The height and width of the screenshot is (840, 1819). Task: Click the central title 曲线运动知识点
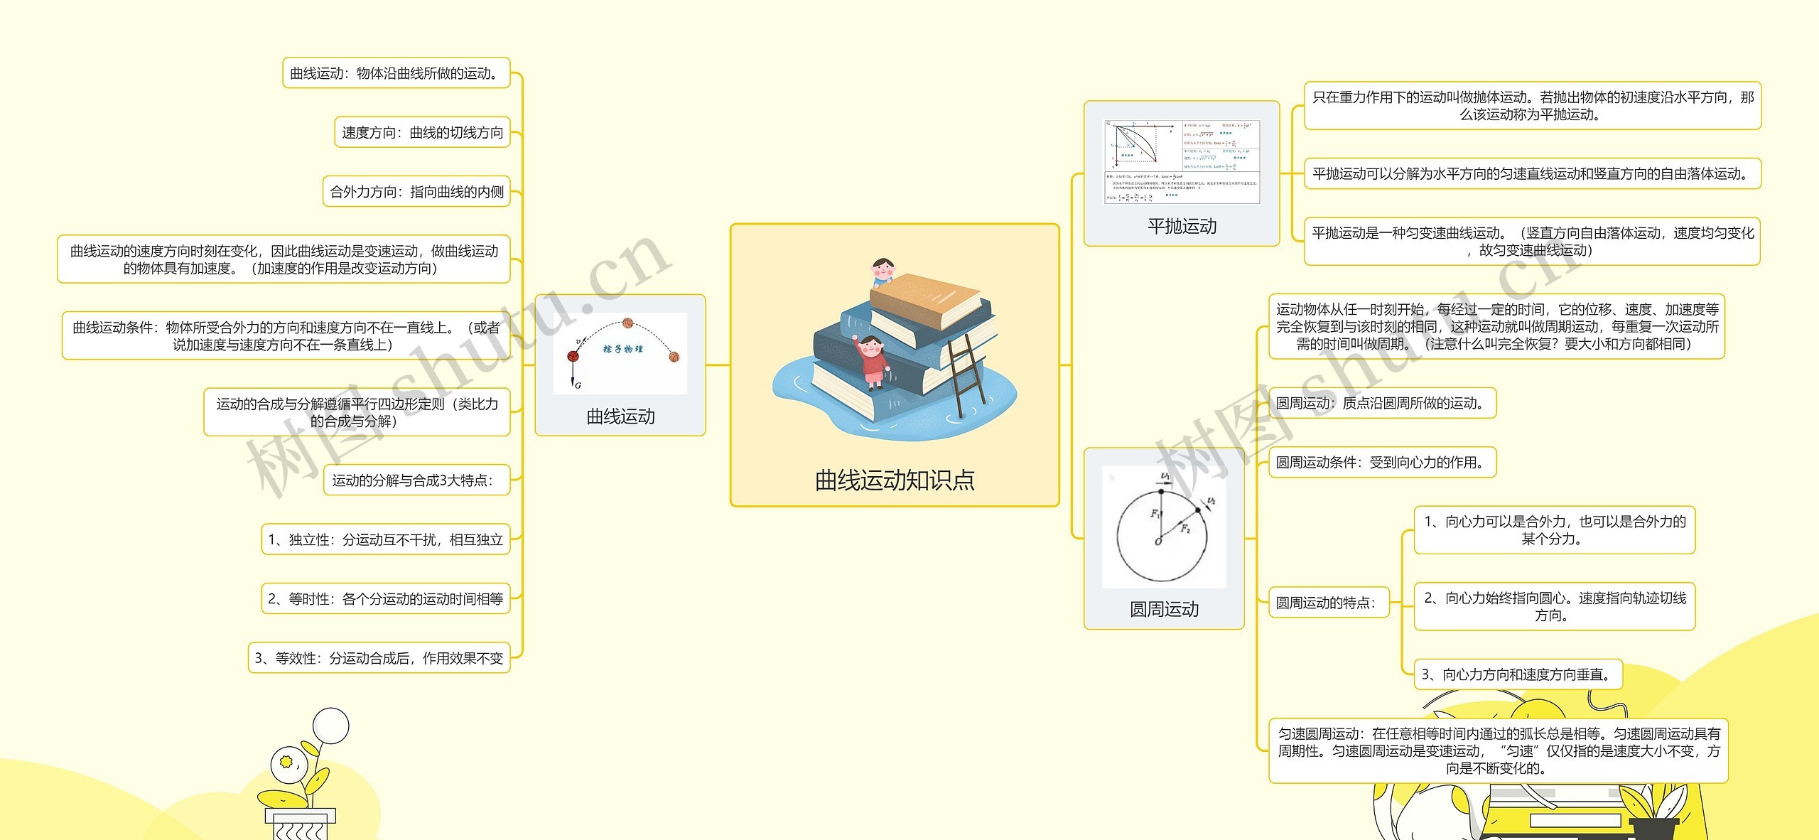click(895, 481)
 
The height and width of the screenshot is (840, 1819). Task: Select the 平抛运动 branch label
click(1182, 227)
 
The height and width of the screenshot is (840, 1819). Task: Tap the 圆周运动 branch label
click(1164, 609)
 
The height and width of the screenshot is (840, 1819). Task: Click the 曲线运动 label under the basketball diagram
click(620, 416)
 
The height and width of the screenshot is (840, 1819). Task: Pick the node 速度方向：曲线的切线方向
click(422, 133)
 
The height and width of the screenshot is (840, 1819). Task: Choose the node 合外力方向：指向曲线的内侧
click(416, 192)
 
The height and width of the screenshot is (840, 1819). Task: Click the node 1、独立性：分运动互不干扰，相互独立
click(385, 540)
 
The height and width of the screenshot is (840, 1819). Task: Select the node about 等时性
click(385, 599)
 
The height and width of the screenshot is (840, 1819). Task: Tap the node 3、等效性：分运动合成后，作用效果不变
click(379, 659)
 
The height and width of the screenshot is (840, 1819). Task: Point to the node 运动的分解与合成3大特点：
click(412, 481)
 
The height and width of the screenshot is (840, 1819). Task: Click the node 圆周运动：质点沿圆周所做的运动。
click(1381, 404)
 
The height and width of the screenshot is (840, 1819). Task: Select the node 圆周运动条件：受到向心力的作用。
click(1381, 463)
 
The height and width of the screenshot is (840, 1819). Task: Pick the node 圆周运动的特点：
click(1327, 603)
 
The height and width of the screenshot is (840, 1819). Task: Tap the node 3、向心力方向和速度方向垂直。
click(1518, 675)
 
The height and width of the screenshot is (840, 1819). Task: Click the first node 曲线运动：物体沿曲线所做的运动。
click(396, 73)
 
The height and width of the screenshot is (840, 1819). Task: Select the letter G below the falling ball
click(578, 386)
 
